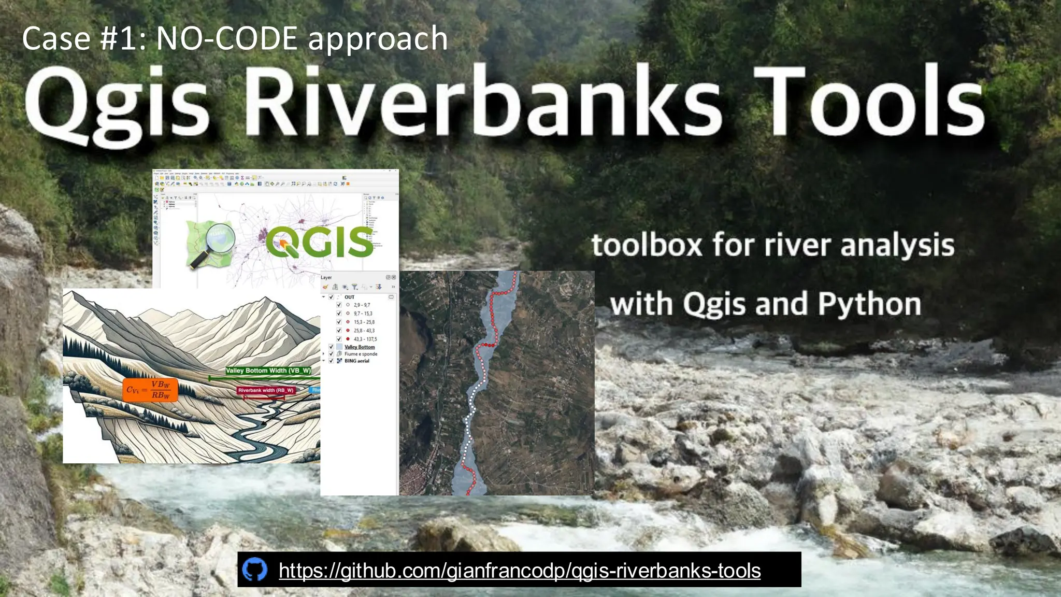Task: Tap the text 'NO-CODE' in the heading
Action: pos(226,39)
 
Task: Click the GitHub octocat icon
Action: pos(255,570)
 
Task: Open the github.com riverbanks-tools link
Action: pos(519,571)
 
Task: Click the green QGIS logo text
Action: pos(320,242)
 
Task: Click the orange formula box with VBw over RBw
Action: pos(150,390)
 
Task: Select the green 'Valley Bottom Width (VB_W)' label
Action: pos(268,371)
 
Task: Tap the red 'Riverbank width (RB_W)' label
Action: pos(266,390)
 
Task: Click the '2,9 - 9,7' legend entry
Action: pos(362,305)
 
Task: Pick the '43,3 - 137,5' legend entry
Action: pos(365,339)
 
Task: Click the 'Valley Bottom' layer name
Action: pos(360,347)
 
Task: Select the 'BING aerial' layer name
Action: pos(357,361)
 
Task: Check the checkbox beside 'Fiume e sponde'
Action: pos(332,354)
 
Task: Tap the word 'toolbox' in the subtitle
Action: pos(647,245)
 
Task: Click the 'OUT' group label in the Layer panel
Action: pos(350,297)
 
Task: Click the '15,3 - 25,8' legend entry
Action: pos(364,322)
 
